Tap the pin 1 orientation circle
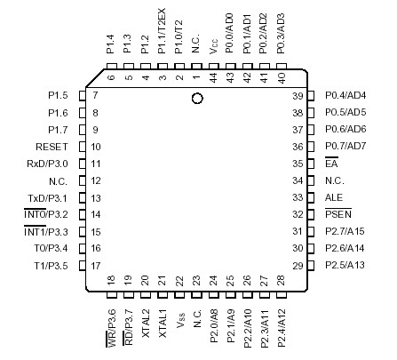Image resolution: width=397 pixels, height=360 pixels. [197, 99]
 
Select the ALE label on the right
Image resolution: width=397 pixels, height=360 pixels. [333, 197]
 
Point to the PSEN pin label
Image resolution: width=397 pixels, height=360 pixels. [337, 214]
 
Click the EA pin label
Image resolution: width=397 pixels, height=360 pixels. [331, 164]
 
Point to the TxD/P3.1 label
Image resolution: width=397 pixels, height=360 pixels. [54, 197]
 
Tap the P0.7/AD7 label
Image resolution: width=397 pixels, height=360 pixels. [345, 147]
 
